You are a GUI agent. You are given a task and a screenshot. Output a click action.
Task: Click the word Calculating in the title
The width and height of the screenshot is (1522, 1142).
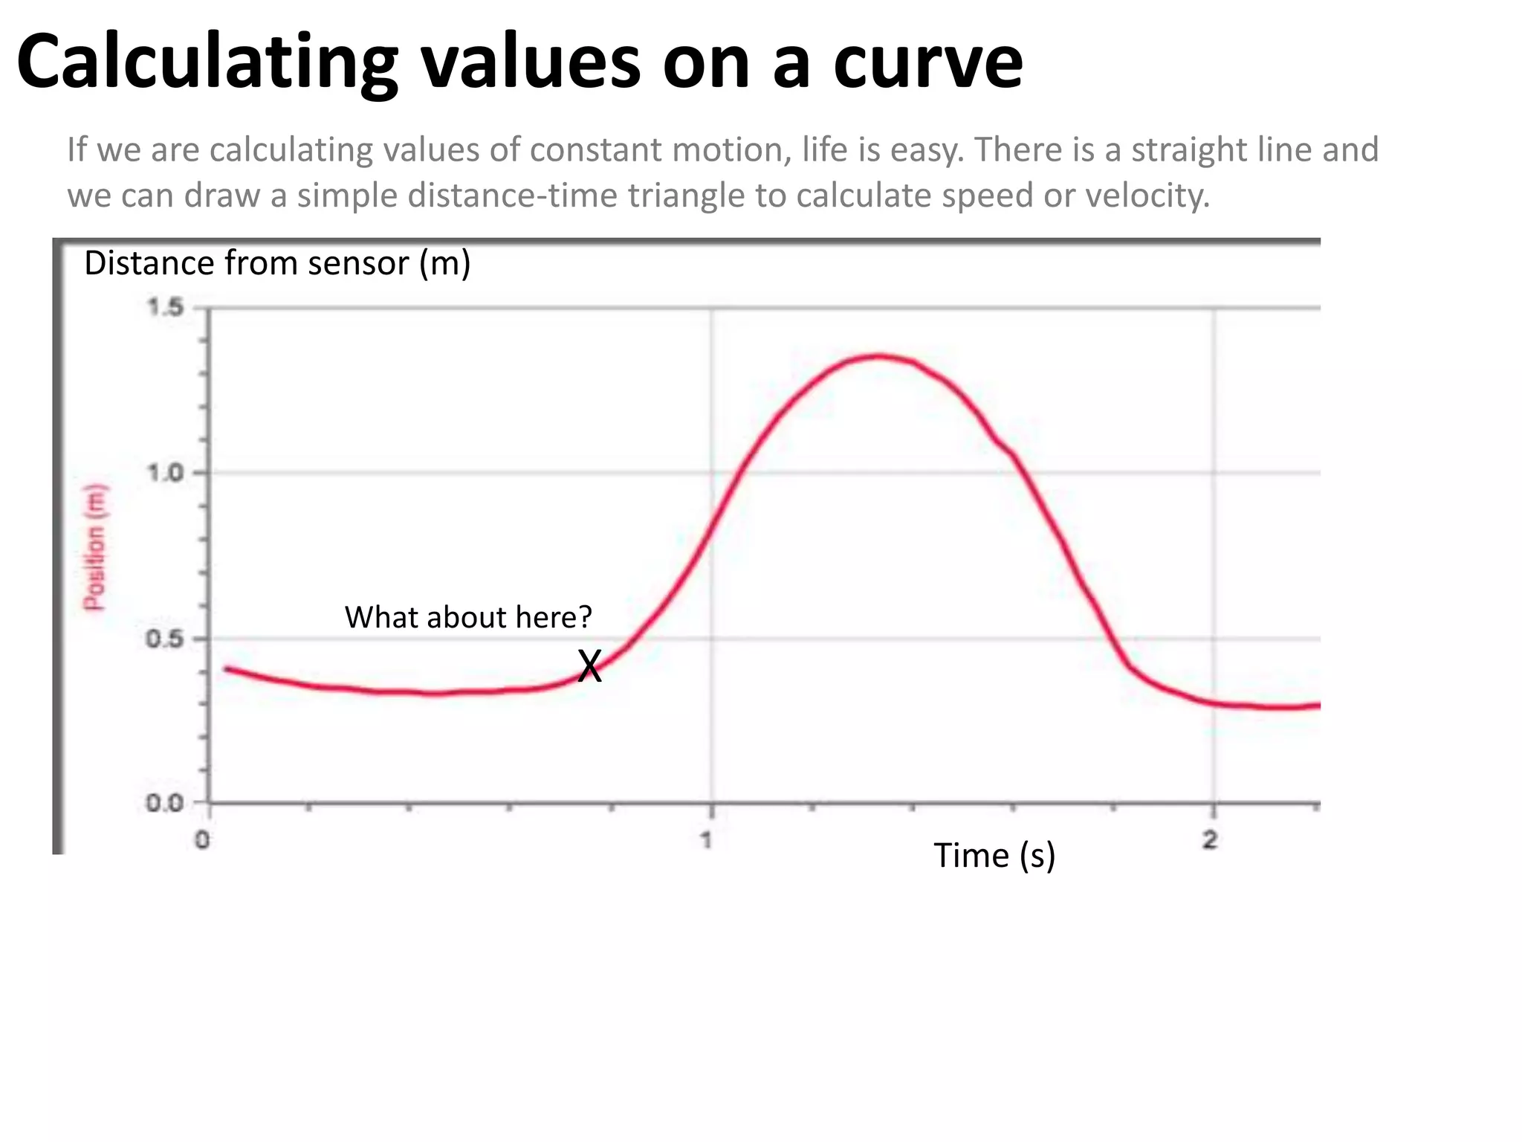(x=207, y=62)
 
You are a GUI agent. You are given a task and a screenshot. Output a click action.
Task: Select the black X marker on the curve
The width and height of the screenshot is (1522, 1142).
(x=589, y=666)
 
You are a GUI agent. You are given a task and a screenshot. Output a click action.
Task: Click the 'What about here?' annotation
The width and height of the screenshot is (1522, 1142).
(x=468, y=617)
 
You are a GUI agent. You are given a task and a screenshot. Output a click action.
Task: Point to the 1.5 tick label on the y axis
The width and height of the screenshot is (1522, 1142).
(x=165, y=307)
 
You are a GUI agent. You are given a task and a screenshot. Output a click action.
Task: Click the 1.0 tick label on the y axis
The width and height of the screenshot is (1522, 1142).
(x=165, y=473)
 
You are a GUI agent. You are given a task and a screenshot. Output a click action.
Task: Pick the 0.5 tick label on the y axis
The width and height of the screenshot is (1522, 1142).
(x=165, y=639)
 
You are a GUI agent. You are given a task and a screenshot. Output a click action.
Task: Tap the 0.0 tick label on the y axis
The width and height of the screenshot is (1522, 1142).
(x=165, y=804)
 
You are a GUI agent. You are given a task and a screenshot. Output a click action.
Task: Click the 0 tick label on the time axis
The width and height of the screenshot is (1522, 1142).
(x=202, y=840)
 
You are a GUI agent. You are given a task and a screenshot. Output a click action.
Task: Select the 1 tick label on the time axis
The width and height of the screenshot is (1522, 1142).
(x=706, y=840)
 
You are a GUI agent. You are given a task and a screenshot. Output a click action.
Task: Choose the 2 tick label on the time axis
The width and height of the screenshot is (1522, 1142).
(x=1211, y=840)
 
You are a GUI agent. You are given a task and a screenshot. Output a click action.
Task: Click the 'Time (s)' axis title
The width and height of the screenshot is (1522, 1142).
(x=994, y=856)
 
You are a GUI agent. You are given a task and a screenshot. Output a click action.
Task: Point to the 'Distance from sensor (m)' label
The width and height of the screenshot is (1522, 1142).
(x=277, y=263)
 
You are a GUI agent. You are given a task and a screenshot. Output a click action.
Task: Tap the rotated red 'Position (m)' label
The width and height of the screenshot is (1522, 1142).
(x=94, y=547)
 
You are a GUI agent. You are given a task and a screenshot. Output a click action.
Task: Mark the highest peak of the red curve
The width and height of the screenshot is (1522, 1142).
(x=879, y=356)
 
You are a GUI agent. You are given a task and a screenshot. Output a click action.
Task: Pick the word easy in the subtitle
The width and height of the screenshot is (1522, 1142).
(x=926, y=150)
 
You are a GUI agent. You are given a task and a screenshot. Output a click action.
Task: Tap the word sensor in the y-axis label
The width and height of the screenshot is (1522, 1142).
(x=357, y=263)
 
